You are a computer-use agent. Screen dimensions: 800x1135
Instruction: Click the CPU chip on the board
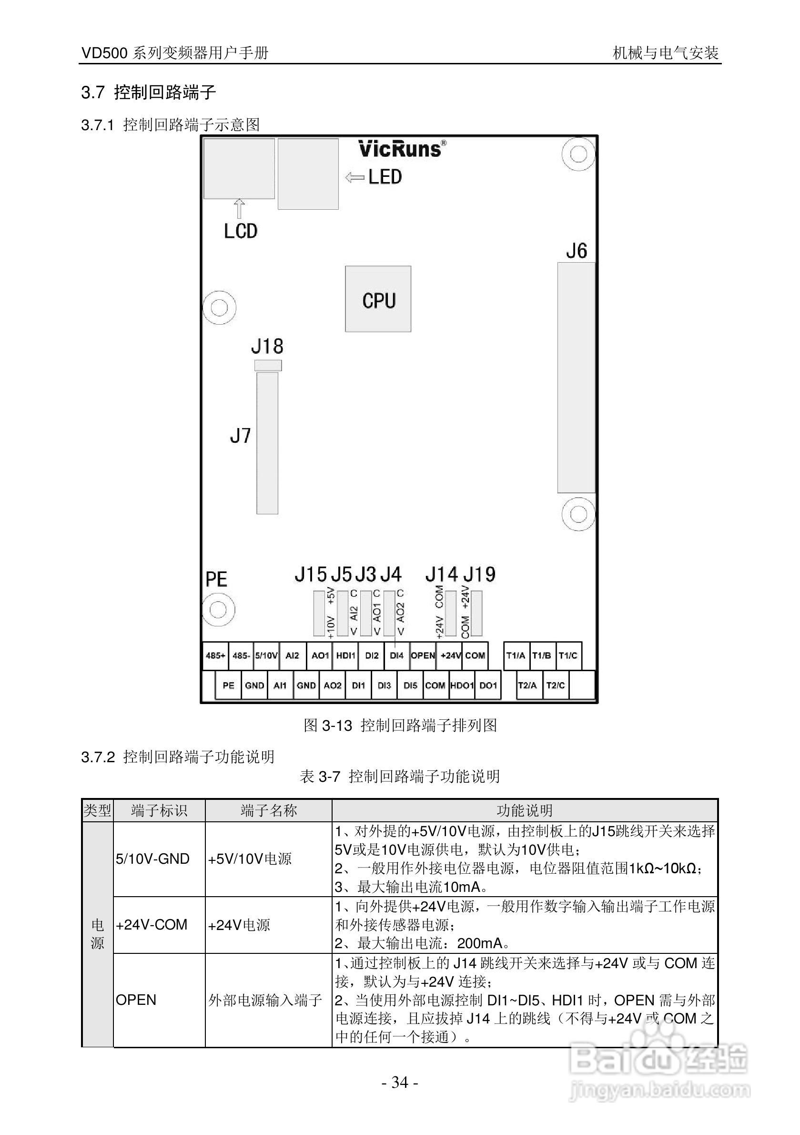(378, 299)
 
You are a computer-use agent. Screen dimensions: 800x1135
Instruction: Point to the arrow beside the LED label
(354, 177)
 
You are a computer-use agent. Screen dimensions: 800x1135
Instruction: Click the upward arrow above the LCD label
(240, 209)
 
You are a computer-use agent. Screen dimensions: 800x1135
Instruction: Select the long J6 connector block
(576, 378)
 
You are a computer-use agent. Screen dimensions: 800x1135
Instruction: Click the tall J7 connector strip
(267, 443)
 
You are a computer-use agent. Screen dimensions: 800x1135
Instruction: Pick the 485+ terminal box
(215, 656)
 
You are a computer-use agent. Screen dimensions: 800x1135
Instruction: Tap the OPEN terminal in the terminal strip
(423, 656)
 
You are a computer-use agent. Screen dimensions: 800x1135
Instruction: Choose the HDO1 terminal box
(462, 685)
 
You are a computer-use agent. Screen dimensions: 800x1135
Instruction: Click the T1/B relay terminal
(542, 656)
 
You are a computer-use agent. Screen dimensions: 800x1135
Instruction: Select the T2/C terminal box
(556, 685)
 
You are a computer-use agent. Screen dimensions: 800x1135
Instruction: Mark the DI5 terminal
(410, 685)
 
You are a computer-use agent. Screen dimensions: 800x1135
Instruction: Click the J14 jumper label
(441, 574)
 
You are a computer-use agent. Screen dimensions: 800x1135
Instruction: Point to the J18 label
(267, 347)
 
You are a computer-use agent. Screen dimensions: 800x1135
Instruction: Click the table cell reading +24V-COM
(152, 925)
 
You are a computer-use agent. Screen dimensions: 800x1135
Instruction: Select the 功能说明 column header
(524, 811)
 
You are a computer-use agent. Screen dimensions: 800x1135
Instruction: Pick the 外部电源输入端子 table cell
(265, 1001)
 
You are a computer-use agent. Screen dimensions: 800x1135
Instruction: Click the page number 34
(400, 1083)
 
